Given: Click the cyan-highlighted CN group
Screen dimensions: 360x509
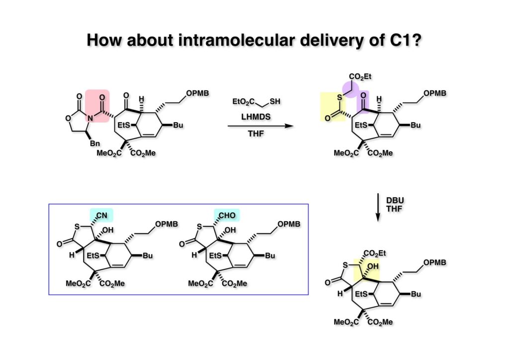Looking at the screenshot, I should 101,215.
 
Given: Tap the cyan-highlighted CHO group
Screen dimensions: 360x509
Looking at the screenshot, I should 227,215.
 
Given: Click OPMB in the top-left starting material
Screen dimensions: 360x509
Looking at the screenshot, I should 197,93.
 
